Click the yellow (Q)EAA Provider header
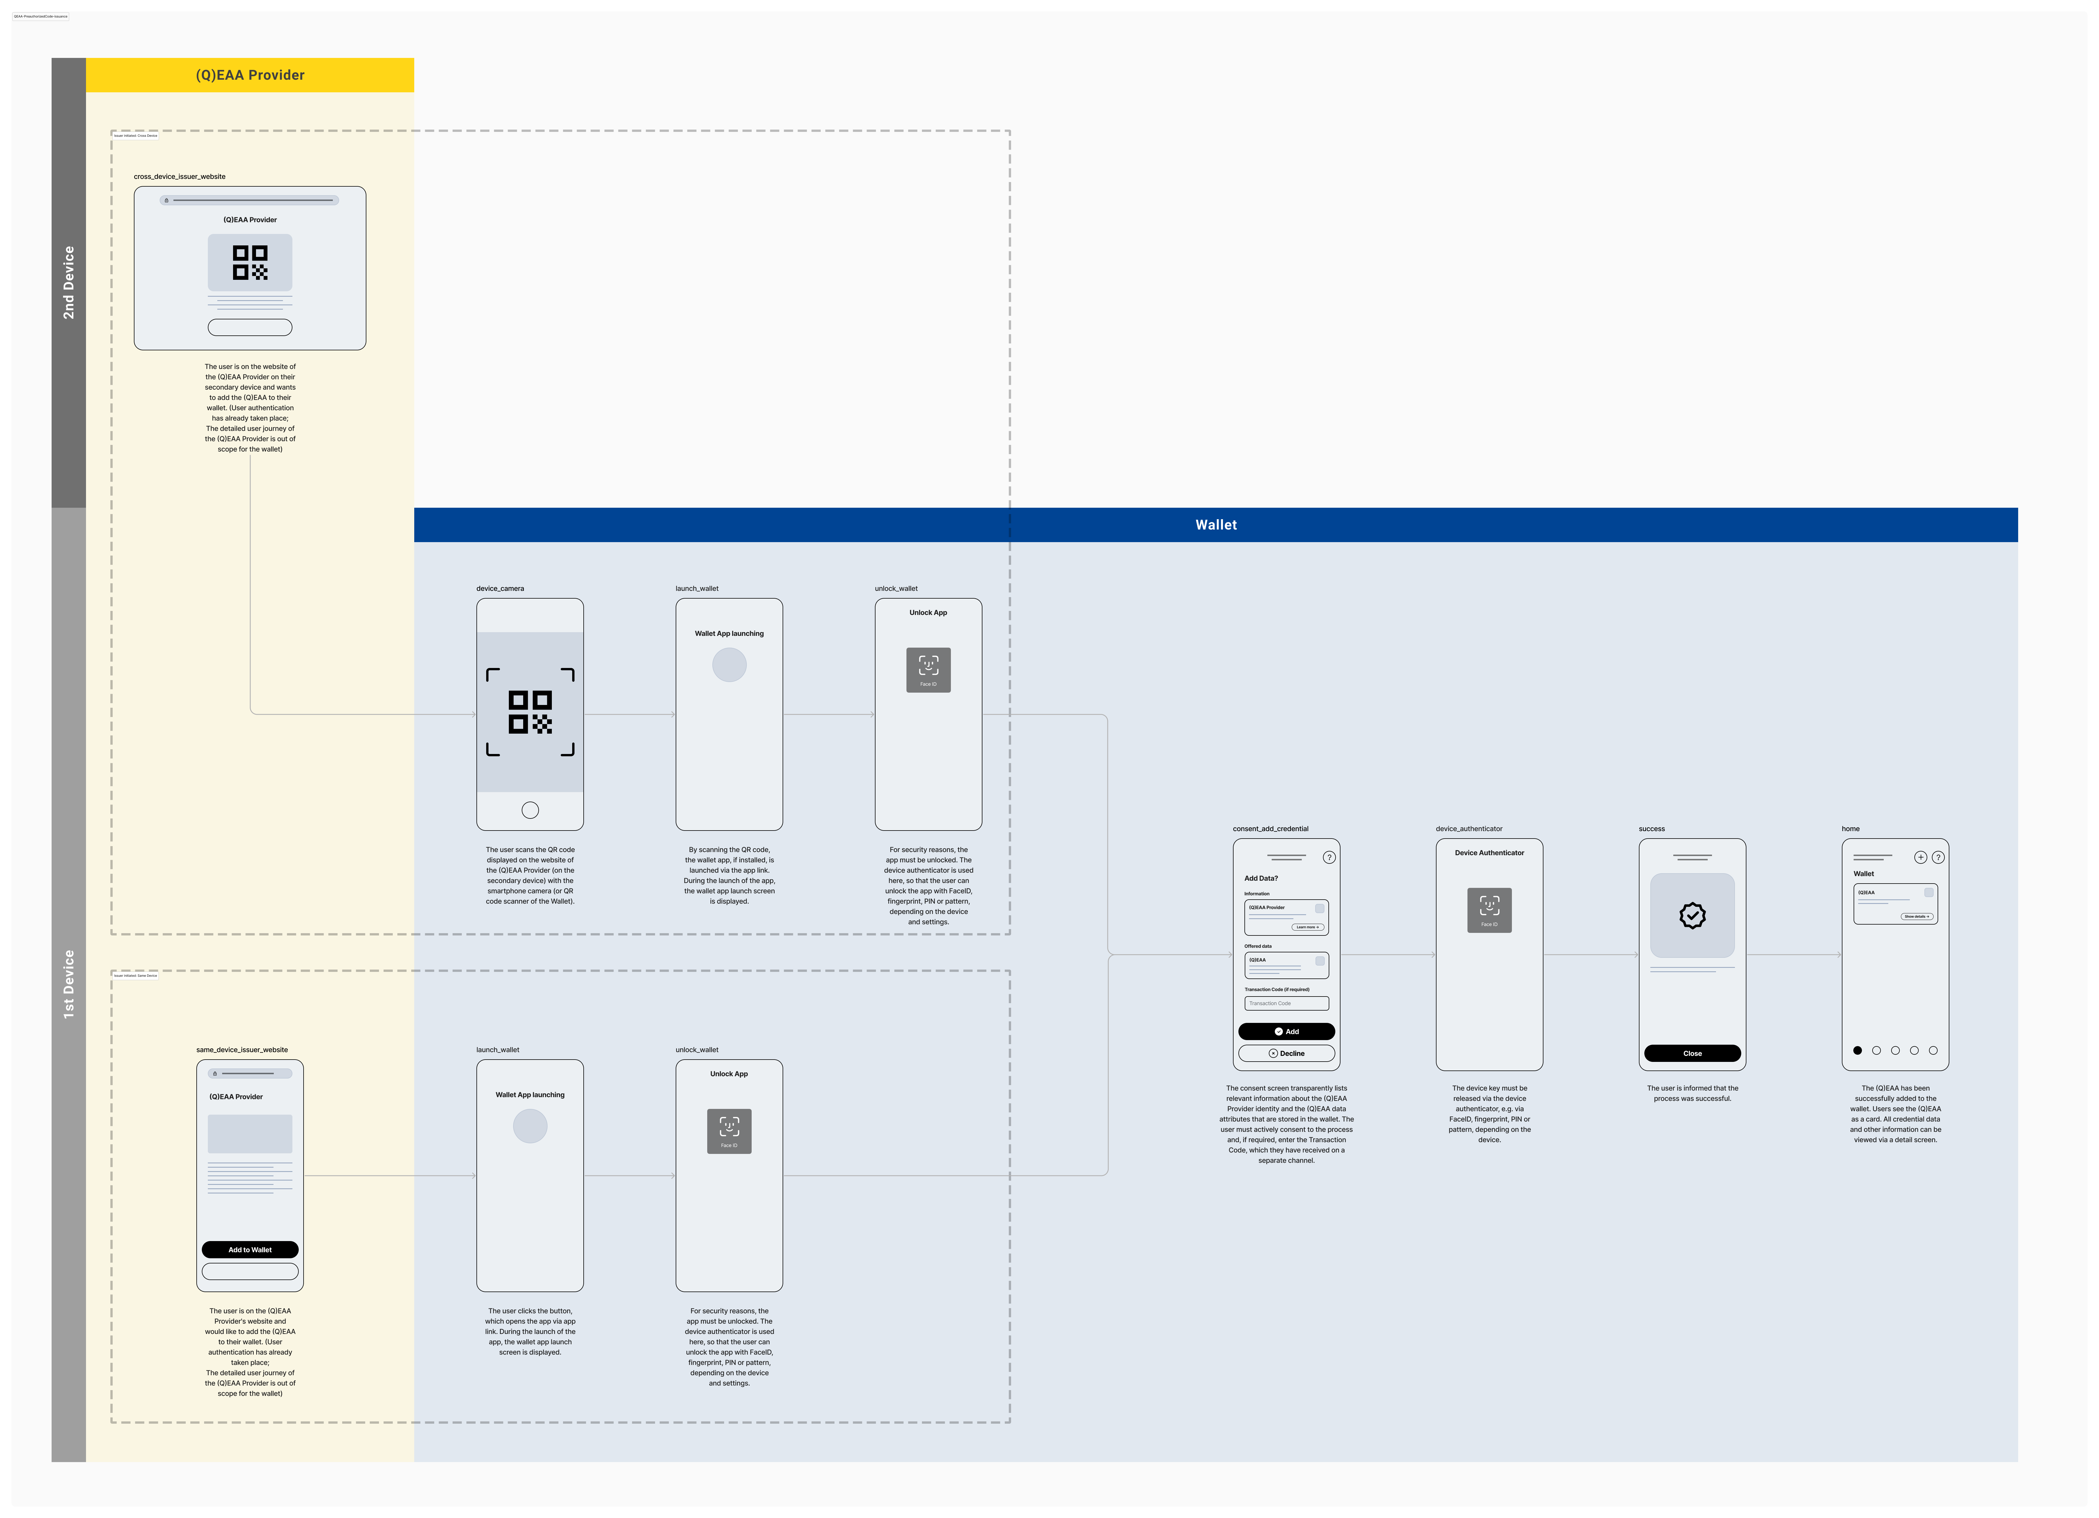[250, 75]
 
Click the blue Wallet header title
[1215, 525]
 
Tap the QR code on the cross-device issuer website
[250, 262]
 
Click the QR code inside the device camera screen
[530, 712]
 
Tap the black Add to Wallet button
[250, 1250]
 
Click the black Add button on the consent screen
[1286, 1031]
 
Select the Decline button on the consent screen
[1286, 1053]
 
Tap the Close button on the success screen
[1692, 1053]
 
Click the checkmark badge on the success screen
[1692, 915]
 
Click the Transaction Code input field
[1286, 1003]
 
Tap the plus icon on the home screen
[1920, 857]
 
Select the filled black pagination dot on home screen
[1857, 1051]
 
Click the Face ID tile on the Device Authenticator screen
[1489, 910]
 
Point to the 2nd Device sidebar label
[69, 282]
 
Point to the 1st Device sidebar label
[69, 984]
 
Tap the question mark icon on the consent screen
[1329, 857]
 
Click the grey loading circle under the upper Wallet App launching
[729, 665]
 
